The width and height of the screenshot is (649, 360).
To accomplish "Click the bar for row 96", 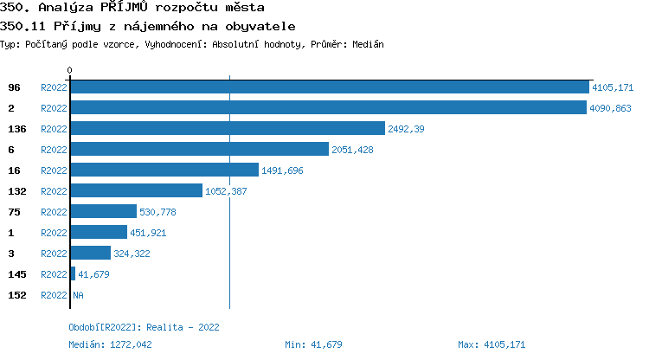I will (329, 87).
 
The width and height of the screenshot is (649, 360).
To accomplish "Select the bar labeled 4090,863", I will (328, 108).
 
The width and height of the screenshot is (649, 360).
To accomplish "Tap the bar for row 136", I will (227, 129).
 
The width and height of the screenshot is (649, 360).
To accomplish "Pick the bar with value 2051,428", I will (199, 150).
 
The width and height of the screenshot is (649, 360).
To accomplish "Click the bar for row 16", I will (164, 170).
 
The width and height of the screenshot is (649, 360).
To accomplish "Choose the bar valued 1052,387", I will (136, 191).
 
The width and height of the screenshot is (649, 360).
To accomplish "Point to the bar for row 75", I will (103, 212).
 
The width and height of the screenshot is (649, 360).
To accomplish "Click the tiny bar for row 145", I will (73, 274).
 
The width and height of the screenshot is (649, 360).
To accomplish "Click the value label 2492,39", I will (406, 129).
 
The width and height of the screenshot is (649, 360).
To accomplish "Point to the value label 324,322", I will (132, 254).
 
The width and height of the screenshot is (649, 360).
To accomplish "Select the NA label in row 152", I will (78, 295).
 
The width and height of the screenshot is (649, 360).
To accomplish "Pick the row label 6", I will (11, 150).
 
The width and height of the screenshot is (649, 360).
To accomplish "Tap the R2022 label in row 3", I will (54, 254).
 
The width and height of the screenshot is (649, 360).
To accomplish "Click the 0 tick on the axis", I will (70, 70).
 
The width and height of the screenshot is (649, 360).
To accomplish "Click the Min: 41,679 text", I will (313, 344).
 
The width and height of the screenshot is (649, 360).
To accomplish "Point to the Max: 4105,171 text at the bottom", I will (492, 344).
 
